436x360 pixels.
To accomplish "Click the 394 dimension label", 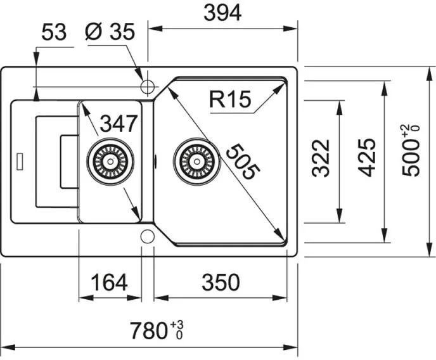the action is [222, 13].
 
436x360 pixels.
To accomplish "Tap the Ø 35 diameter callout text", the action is [110, 31].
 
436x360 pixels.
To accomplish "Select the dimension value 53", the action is [54, 32].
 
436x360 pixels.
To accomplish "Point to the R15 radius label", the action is [230, 100].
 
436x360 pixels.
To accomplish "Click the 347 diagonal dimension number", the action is [119, 123].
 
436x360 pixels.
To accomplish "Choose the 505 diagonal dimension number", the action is [243, 162].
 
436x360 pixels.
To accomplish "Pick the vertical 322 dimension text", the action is [321, 158].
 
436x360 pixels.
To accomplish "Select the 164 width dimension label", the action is [110, 282].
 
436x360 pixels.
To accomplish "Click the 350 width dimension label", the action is [221, 282].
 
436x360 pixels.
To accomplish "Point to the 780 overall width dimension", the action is [149, 331].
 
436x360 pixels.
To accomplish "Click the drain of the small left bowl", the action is [110, 161].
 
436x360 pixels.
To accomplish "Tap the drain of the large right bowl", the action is [197, 162].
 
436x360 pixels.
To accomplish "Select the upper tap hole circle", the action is [148, 87].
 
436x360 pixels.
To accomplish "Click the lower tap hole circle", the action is [148, 236].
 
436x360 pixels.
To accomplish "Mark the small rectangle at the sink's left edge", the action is [20, 161].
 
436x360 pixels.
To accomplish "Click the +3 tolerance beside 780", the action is [177, 324].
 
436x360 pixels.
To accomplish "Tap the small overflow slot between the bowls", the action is [155, 161].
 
